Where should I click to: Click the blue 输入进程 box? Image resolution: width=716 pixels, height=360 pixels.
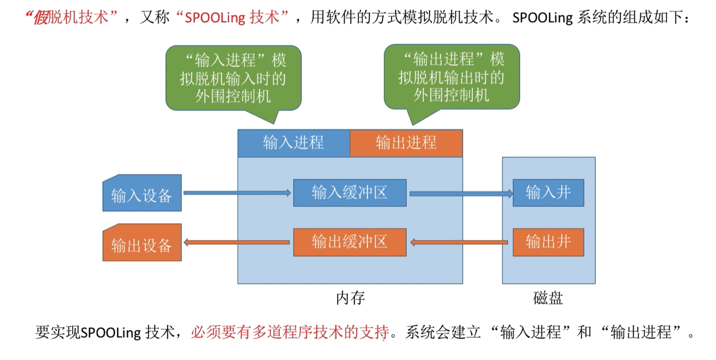pyautogui.click(x=294, y=143)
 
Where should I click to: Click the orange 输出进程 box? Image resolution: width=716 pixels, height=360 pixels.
pyautogui.click(x=406, y=143)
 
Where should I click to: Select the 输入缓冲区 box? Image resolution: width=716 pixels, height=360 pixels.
pyautogui.click(x=350, y=192)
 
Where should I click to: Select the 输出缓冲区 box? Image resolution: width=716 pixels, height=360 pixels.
pyautogui.click(x=350, y=242)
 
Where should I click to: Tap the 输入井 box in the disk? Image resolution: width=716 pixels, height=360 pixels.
pyautogui.click(x=548, y=192)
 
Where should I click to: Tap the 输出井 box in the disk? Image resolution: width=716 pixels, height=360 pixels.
pyautogui.click(x=548, y=242)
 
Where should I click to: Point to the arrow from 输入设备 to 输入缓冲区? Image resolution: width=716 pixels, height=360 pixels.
pyautogui.click(x=237, y=193)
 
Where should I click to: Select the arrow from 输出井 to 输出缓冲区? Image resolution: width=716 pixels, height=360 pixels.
pyautogui.click(x=459, y=243)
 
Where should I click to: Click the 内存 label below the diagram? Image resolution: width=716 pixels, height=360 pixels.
pyautogui.click(x=350, y=298)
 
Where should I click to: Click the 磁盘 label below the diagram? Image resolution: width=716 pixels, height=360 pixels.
pyautogui.click(x=548, y=298)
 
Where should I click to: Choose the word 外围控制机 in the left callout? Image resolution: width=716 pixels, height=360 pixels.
pyautogui.click(x=233, y=96)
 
